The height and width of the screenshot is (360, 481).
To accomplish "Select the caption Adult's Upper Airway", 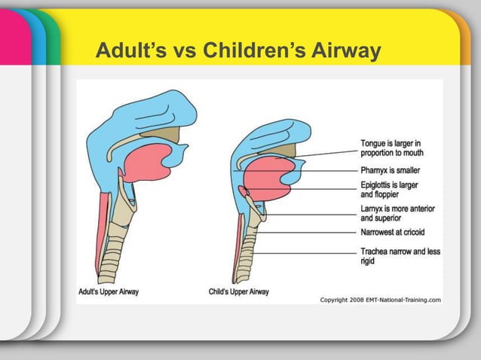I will pos(109,291).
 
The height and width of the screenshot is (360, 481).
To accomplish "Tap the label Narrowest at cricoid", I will pos(393,233).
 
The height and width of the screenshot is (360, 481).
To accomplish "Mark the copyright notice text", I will pos(380,299).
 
